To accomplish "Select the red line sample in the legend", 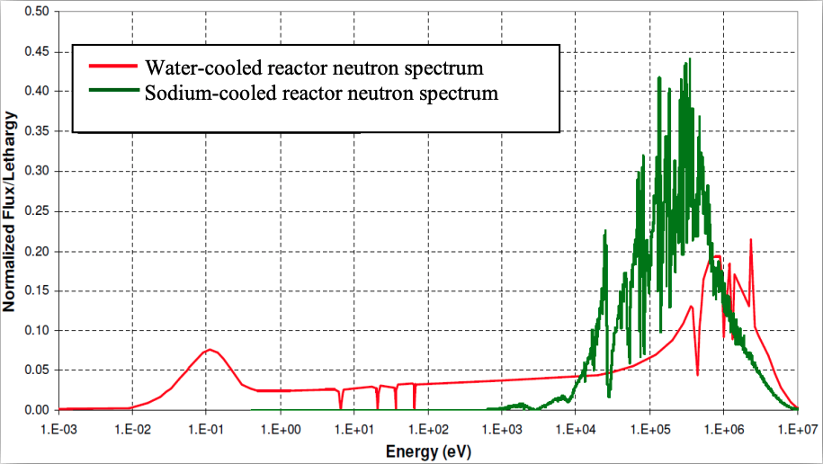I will pyautogui.click(x=112, y=67).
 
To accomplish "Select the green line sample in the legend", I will pyautogui.click(x=112, y=92).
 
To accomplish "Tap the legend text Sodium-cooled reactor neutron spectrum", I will pyautogui.click(x=321, y=92).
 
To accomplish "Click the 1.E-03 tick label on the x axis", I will pyautogui.click(x=58, y=428).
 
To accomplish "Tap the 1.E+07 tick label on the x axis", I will pyautogui.click(x=798, y=428).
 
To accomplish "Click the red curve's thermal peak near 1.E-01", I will pyautogui.click(x=209, y=349).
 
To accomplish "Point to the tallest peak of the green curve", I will pyautogui.click(x=690, y=60).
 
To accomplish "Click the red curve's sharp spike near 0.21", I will pyautogui.click(x=750, y=240).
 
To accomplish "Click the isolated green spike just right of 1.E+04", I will pyautogui.click(x=605, y=232).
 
